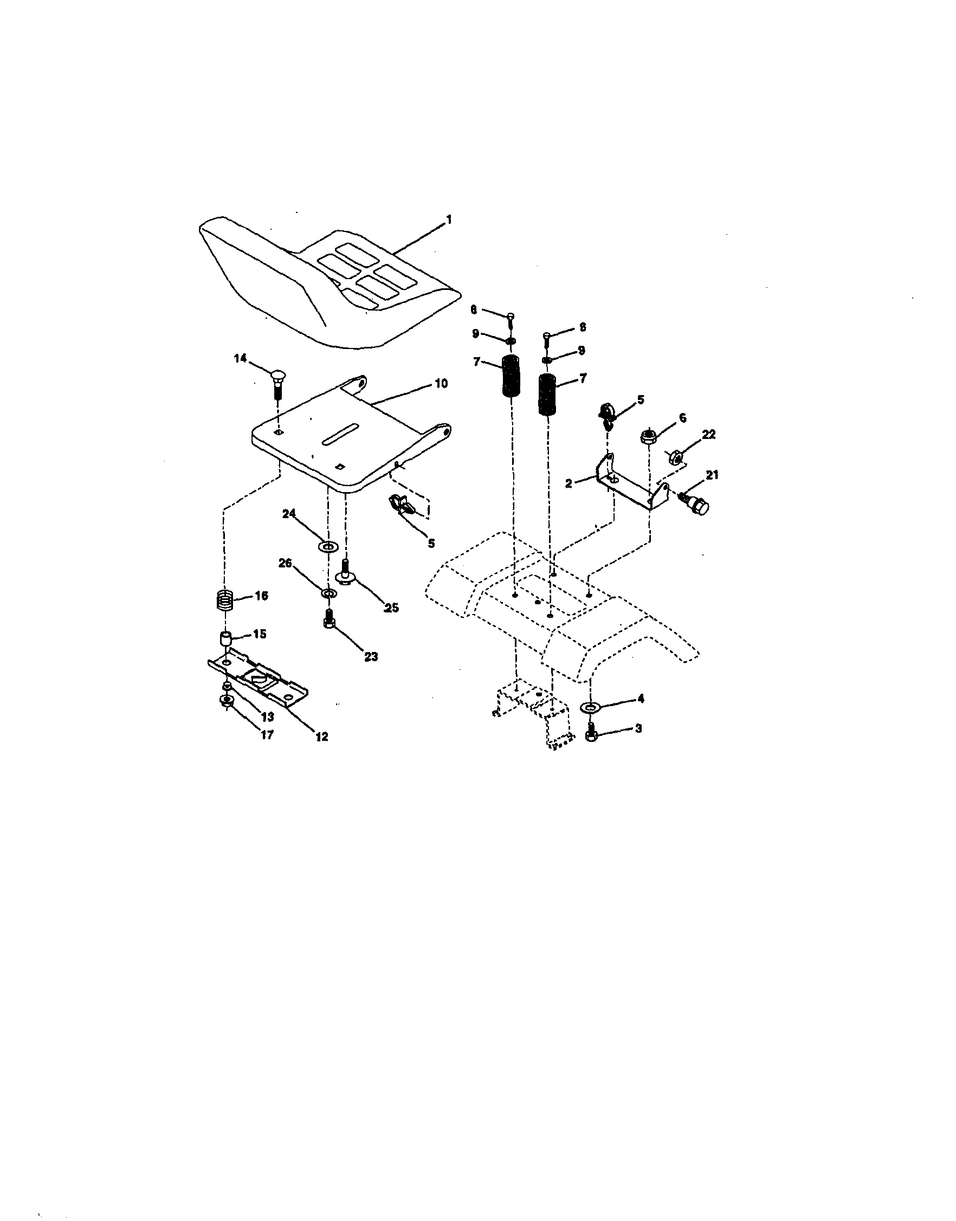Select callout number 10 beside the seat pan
(x=441, y=384)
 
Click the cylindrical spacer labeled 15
(x=225, y=638)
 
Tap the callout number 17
(x=268, y=735)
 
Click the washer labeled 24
(x=327, y=546)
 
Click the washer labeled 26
(x=328, y=592)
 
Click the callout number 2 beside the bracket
(x=569, y=483)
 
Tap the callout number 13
(x=268, y=717)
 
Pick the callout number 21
(x=712, y=475)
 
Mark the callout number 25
(x=391, y=608)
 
